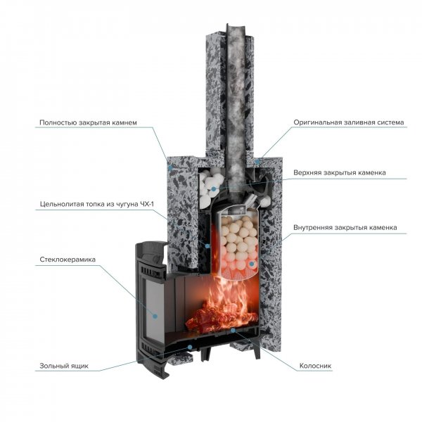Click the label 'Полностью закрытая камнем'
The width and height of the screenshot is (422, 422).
89,122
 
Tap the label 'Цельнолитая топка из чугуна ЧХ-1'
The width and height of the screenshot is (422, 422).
97,204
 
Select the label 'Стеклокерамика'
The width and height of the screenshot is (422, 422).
68,260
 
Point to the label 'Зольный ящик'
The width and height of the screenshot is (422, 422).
64,366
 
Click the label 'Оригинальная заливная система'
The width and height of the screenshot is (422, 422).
349,122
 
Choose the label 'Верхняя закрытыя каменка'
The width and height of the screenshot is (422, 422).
340,172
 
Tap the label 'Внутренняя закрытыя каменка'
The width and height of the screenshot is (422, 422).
345,227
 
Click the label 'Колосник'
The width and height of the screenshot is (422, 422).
315,366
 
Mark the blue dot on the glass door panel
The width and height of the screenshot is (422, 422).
155,316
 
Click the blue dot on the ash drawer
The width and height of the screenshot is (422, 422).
190,347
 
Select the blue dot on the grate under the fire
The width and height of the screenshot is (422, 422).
233,330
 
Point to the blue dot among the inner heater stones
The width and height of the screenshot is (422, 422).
252,264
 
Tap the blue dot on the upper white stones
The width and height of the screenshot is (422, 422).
214,189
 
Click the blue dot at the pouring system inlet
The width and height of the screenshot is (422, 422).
257,162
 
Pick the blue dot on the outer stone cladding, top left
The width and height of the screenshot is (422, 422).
170,168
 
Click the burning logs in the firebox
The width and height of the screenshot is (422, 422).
222,318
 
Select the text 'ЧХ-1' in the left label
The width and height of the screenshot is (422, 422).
147,204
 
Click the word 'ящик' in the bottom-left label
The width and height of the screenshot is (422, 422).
79,366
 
